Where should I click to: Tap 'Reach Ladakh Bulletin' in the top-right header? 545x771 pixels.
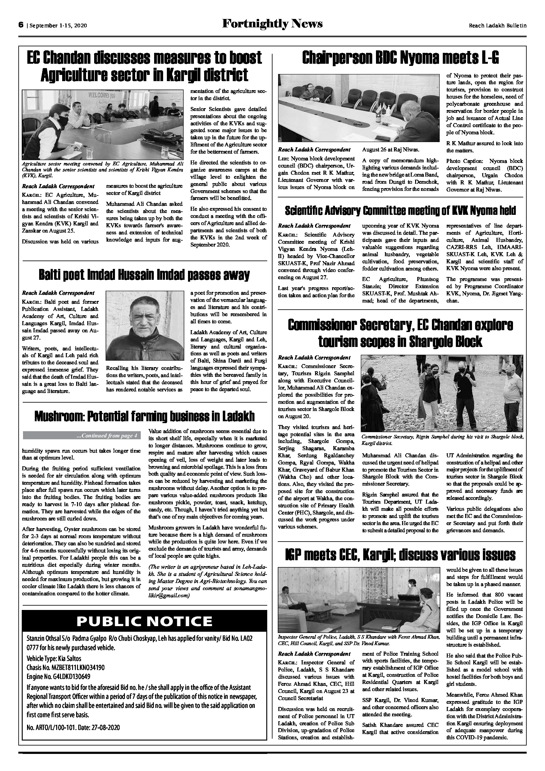coord(498,25)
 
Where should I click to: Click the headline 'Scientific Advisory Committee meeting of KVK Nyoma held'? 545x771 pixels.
coord(400,211)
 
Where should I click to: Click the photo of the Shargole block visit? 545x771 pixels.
coord(442,393)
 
